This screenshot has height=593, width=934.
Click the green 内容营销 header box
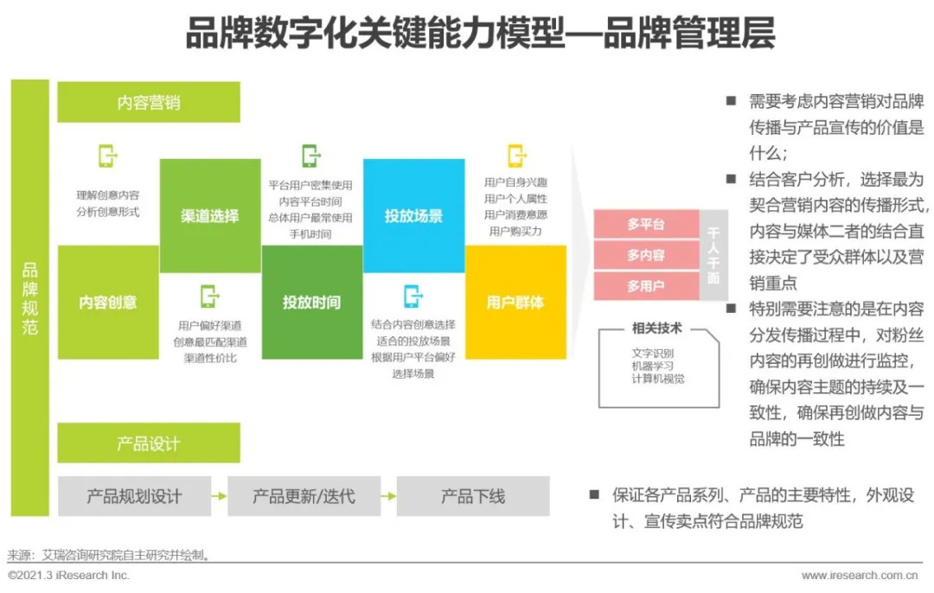pos(149,102)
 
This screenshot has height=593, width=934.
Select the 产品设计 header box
pos(149,443)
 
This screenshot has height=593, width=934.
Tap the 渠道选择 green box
pos(210,215)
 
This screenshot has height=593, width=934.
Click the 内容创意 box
pos(108,303)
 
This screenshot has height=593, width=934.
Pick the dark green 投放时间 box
pos(312,303)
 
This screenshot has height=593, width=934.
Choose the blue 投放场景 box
pos(414,215)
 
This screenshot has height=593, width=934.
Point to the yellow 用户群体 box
pos(516,303)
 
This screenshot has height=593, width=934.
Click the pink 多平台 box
pos(646,224)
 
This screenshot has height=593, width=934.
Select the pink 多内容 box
pos(646,255)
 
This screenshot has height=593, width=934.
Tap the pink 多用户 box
pos(646,286)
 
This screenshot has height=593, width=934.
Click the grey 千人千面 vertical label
pos(713,255)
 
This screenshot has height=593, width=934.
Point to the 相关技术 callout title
pos(657,328)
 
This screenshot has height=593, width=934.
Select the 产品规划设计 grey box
pos(134,496)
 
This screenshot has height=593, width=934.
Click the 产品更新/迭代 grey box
pos(304,496)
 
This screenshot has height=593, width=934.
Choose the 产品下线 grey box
pos(473,496)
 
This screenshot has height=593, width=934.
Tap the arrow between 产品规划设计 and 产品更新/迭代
pos(219,496)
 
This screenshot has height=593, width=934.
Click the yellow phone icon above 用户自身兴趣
pos(516,156)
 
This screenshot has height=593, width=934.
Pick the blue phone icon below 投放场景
pos(413,296)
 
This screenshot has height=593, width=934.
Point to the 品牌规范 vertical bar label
pos(30,298)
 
